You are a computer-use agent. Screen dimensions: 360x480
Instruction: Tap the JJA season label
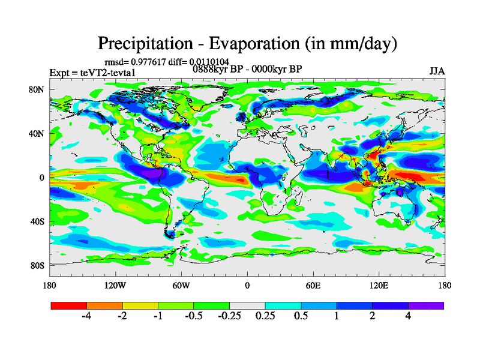click(x=437, y=71)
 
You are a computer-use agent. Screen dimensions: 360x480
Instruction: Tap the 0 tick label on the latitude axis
click(x=42, y=178)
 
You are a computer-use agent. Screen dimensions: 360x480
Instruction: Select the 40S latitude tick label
click(x=37, y=221)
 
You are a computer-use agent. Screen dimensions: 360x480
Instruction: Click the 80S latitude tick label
click(x=37, y=265)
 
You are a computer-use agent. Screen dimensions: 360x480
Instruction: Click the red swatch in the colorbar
click(x=69, y=305)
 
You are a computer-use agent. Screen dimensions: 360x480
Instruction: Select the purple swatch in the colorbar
click(x=426, y=305)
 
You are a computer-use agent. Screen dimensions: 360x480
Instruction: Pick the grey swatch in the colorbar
click(x=247, y=305)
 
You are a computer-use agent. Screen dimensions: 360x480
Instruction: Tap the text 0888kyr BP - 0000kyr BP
click(x=247, y=68)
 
